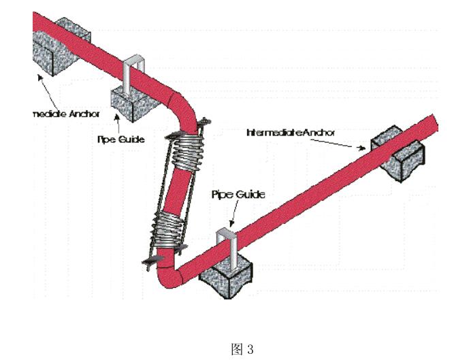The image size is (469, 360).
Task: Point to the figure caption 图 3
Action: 242,349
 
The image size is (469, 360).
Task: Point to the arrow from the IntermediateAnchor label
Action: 340,140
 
